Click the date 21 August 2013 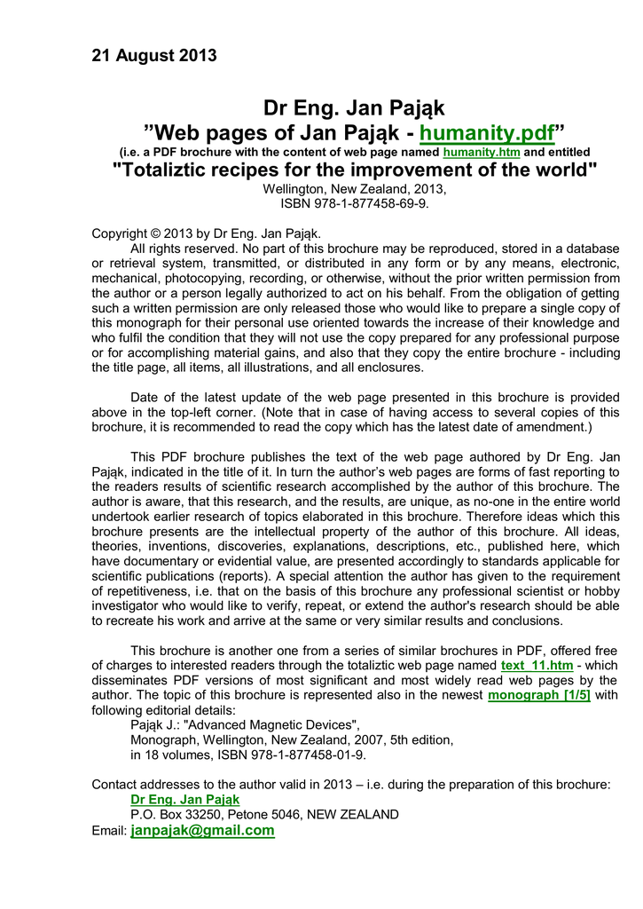pos(154,56)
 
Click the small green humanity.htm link pos(481,153)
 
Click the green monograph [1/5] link pos(539,695)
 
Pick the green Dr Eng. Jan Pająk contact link pos(184,799)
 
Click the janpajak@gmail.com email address pos(202,831)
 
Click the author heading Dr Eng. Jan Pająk pos(354,109)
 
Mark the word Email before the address pos(109,832)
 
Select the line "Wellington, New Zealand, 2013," pos(354,188)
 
